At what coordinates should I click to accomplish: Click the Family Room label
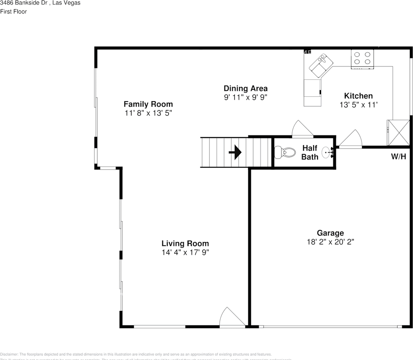point(148,104)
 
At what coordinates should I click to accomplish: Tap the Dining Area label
point(245,88)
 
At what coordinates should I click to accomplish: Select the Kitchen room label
point(358,96)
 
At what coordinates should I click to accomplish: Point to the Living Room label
point(185,244)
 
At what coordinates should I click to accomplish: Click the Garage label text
point(330,233)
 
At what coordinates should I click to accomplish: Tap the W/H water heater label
point(398,157)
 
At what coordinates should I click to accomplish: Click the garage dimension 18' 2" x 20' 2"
point(330,242)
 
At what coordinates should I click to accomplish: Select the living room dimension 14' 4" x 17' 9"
point(185,253)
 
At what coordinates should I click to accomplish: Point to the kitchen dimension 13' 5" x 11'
point(358,105)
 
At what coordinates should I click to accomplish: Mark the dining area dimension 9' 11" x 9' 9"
point(245,97)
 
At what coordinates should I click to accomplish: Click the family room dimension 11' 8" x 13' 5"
point(148,113)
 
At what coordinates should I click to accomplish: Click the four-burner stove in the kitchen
point(362,59)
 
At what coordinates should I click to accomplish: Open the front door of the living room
point(232,318)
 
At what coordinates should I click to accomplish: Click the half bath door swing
point(302,129)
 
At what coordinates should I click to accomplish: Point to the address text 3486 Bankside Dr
point(40,3)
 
